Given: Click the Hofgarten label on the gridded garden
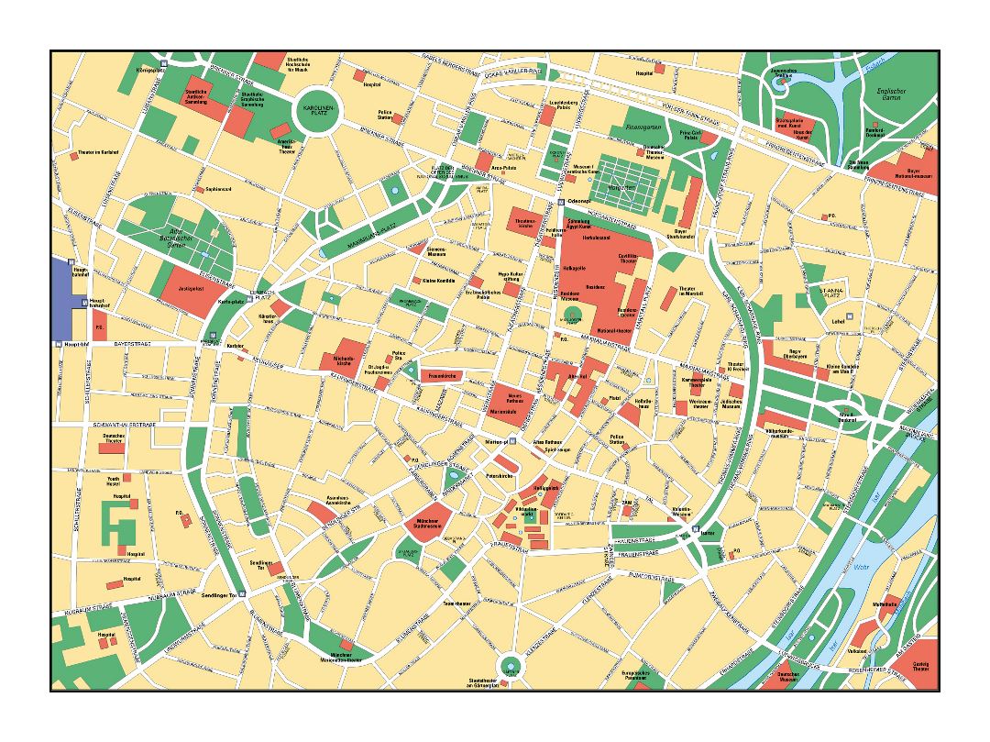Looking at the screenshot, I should [x=622, y=187].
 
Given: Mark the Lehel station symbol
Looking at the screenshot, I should [x=850, y=316].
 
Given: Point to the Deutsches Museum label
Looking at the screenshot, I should [x=787, y=678].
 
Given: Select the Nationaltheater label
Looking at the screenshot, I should [x=611, y=330].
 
